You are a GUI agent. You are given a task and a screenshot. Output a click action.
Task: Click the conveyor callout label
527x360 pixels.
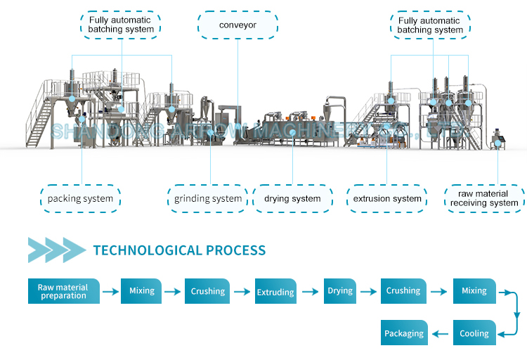[x=237, y=25]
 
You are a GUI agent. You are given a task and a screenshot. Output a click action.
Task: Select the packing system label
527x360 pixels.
[x=80, y=199]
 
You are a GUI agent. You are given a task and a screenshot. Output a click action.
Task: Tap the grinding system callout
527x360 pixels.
[x=208, y=199]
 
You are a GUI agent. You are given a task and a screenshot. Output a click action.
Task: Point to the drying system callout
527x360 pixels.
[x=292, y=199]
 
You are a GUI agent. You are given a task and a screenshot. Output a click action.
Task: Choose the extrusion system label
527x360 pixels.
[x=387, y=199]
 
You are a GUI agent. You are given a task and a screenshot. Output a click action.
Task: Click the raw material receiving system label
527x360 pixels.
[x=484, y=199]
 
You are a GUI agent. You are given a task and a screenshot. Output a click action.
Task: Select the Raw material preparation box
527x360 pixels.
[x=63, y=291]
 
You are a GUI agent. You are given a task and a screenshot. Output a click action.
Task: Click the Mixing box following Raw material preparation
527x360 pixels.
[x=141, y=291]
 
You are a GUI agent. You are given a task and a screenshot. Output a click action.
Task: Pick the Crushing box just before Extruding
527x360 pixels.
[x=208, y=291]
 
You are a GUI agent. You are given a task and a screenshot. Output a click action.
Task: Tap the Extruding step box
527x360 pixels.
[x=275, y=291]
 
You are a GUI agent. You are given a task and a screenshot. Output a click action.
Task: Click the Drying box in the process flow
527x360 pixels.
[x=340, y=291]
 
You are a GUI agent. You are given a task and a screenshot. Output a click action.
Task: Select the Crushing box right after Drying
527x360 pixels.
[x=403, y=291]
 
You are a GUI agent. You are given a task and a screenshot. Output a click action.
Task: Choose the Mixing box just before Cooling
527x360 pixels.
[x=474, y=291]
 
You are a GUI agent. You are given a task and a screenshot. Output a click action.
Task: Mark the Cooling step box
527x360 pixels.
[x=474, y=333]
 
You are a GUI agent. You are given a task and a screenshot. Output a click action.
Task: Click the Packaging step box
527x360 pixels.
[x=404, y=333]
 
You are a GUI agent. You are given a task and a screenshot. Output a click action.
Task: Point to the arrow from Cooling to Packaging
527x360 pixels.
[x=440, y=333]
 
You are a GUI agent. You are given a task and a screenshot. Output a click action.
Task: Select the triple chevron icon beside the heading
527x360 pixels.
[x=56, y=250]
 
